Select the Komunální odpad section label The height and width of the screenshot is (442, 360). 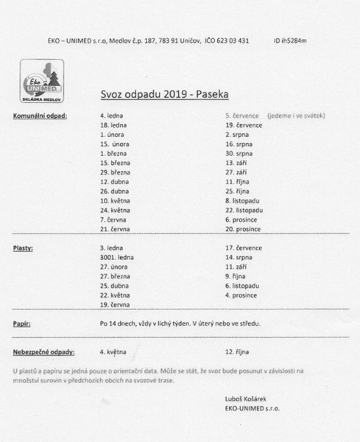40,116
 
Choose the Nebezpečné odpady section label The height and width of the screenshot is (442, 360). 44,351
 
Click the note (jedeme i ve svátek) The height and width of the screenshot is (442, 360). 302,116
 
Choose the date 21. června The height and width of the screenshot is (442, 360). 114,230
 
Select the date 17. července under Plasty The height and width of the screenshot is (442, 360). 243,249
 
